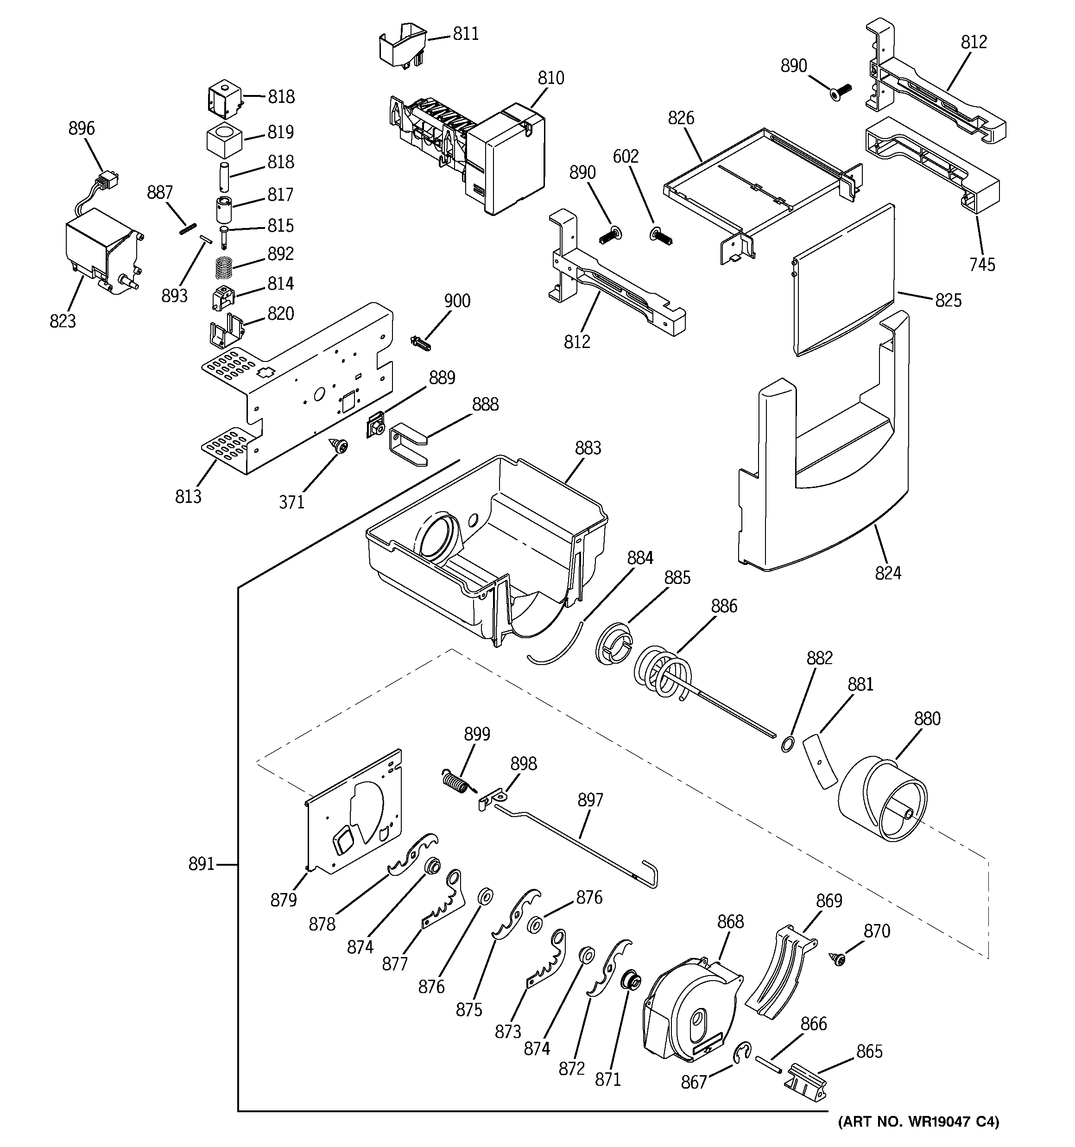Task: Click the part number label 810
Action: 550,78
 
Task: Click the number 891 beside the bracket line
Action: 202,864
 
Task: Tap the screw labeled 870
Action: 837,958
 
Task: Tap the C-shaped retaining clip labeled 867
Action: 741,1053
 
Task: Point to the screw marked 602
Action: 662,235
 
